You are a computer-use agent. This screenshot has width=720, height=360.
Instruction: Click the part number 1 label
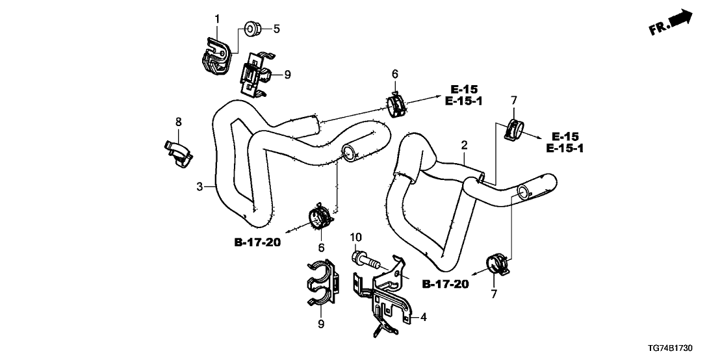point(217,18)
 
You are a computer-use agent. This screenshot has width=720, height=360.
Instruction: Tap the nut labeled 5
point(250,29)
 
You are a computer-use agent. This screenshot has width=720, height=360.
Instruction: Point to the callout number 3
point(199,187)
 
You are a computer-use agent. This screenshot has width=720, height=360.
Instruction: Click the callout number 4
point(424,318)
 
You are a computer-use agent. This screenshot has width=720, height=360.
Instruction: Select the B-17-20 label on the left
point(257,243)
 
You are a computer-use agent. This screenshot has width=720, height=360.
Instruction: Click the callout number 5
point(276,29)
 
